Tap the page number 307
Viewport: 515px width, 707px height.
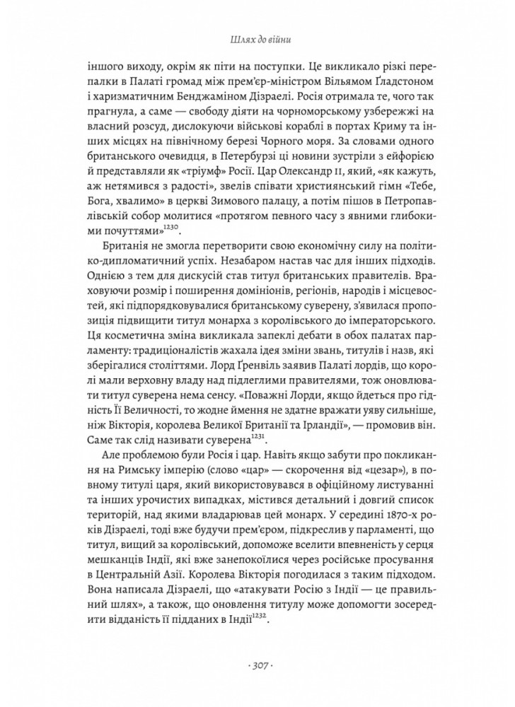click(x=257, y=666)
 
